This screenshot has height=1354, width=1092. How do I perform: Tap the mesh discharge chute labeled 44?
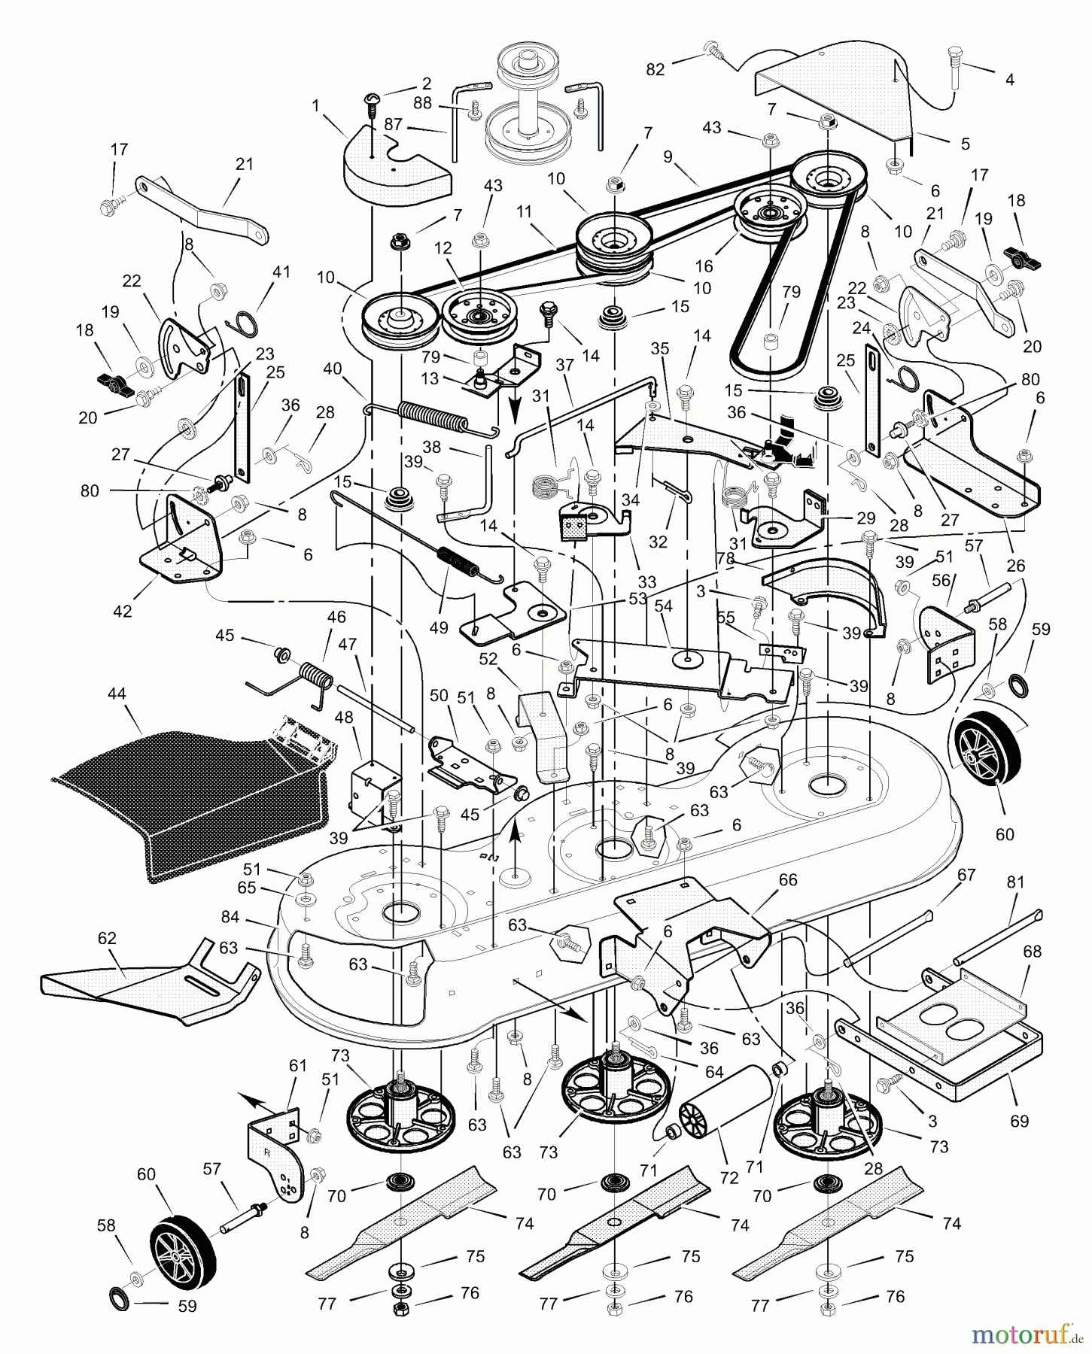188,790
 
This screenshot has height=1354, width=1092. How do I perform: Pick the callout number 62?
107,938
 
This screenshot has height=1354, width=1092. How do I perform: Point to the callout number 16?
704,266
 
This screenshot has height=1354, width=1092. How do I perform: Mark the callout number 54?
664,606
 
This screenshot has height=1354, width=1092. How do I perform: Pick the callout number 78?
726,558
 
